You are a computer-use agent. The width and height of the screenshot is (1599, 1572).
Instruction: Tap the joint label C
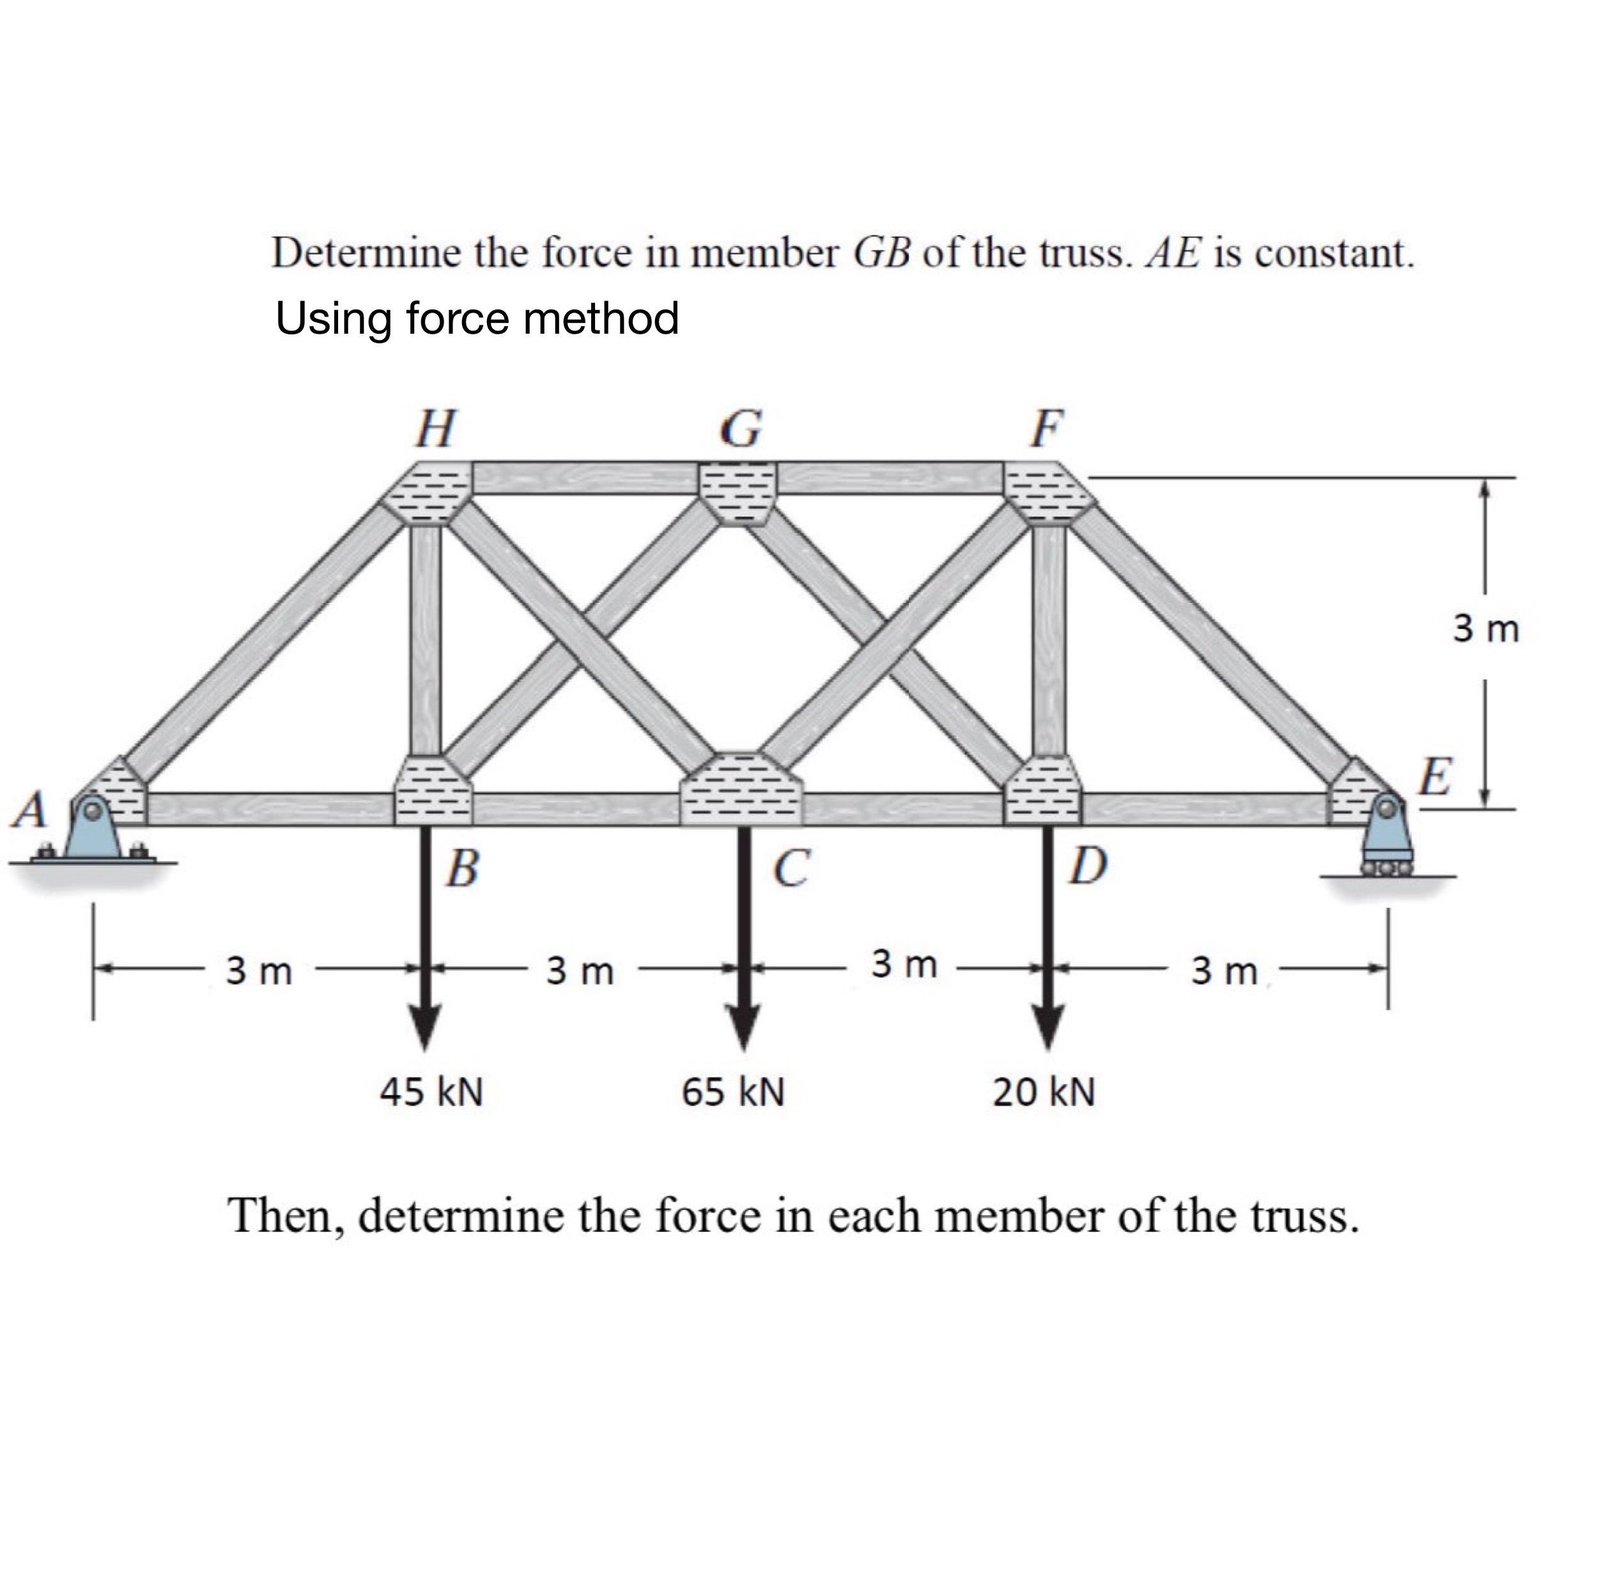792,868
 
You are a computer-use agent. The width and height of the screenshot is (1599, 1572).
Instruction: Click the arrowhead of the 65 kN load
744,1023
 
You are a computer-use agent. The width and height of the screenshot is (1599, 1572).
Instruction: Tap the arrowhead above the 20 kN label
1047,1023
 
